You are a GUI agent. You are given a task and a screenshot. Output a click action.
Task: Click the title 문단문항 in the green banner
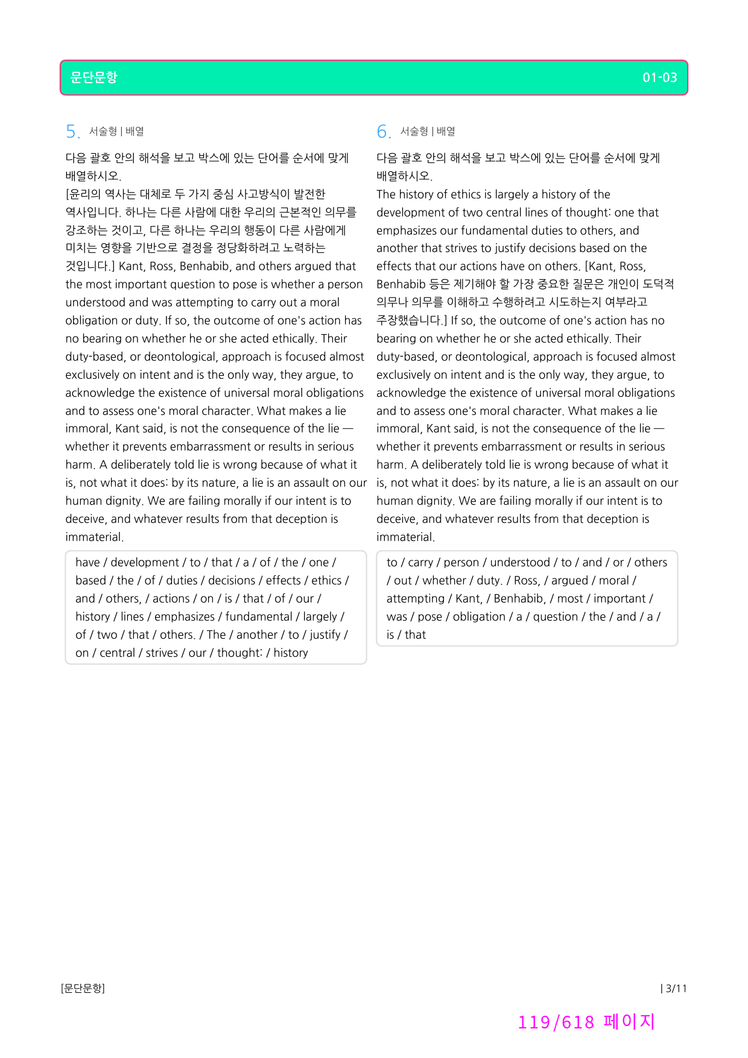point(93,78)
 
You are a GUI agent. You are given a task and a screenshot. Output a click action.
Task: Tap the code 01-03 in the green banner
point(659,78)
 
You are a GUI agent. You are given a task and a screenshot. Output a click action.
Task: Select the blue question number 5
point(72,131)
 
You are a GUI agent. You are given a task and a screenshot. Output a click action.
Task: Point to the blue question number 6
point(383,131)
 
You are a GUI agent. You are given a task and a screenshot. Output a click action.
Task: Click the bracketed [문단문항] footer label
point(83,988)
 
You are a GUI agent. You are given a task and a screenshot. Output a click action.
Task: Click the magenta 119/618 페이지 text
point(586,1022)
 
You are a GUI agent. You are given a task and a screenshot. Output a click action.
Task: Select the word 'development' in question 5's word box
point(145,563)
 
